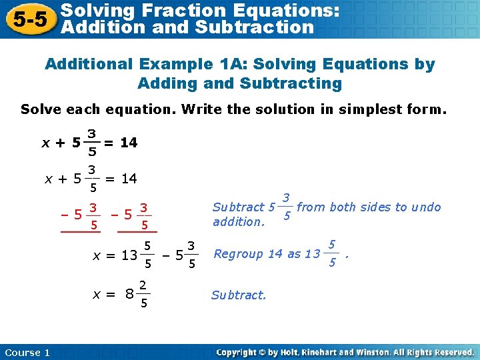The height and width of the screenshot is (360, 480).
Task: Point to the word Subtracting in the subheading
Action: pyautogui.click(x=291, y=84)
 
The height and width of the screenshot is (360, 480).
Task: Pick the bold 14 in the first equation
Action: pyautogui.click(x=129, y=143)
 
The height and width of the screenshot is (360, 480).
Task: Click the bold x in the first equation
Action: pyautogui.click(x=45, y=143)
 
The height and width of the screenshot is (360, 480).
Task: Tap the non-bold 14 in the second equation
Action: pyautogui.click(x=129, y=178)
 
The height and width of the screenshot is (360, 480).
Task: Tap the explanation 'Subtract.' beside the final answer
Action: pyautogui.click(x=239, y=295)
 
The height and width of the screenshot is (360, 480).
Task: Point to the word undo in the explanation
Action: pyautogui.click(x=427, y=207)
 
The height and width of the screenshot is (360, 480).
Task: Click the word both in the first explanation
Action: pyautogui.click(x=344, y=207)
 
